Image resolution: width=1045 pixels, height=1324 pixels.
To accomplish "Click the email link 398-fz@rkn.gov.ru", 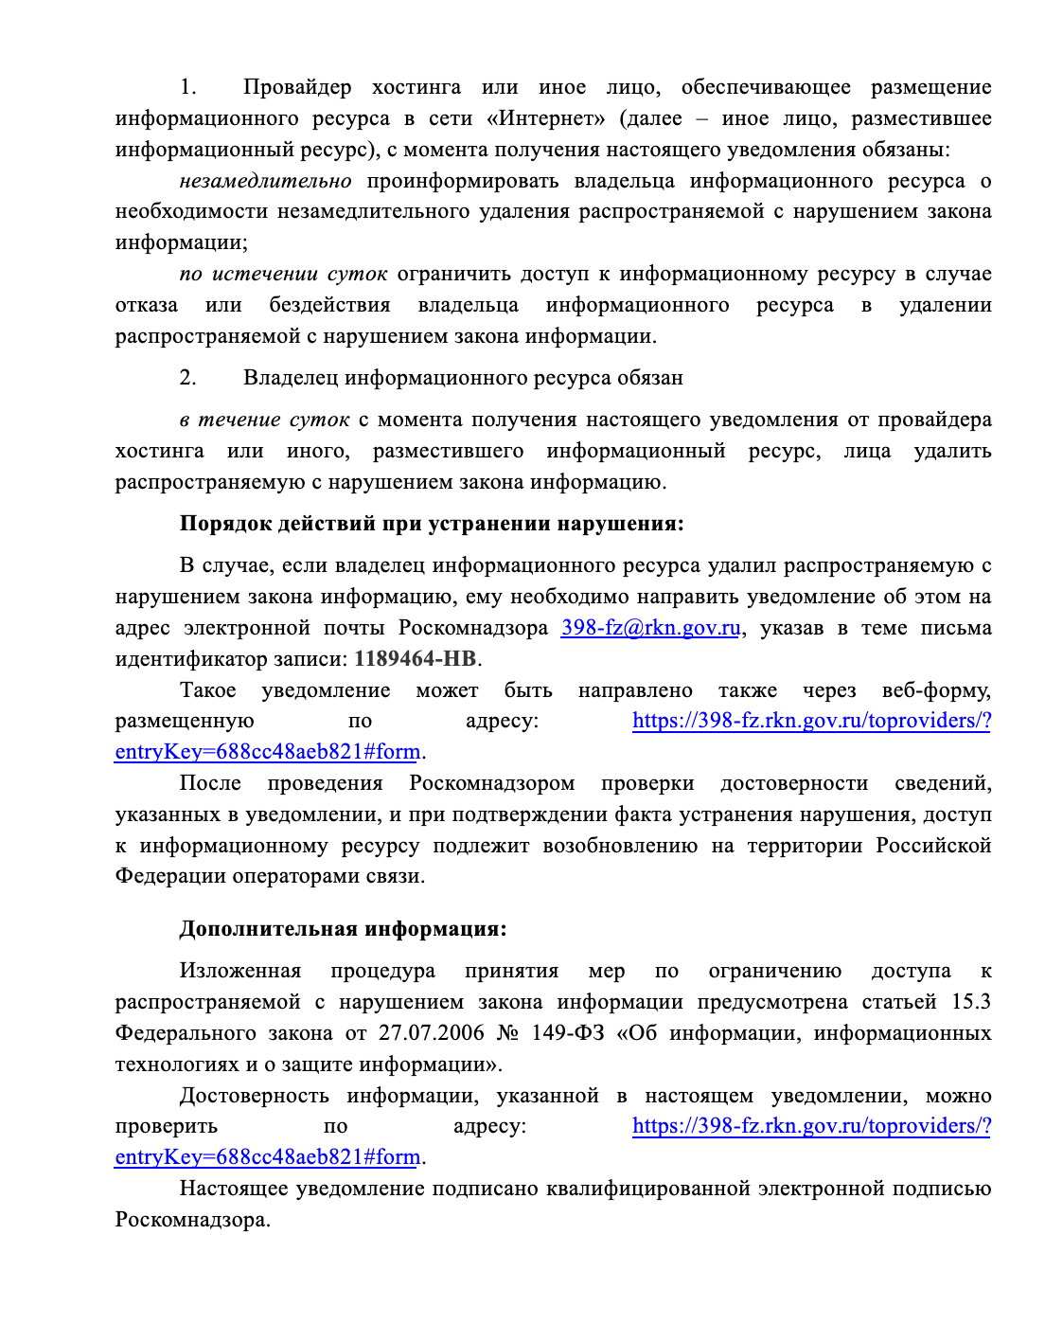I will pos(650,628).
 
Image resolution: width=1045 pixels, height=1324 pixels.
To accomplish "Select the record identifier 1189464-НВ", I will pos(415,659).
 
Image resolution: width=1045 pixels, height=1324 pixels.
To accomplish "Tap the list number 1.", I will pos(188,88).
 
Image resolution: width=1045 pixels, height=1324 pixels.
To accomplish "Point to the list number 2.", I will pos(188,378).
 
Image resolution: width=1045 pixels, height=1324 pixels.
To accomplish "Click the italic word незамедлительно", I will pos(265,181).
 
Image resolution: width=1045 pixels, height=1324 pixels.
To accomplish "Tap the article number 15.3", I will pos(971,1002).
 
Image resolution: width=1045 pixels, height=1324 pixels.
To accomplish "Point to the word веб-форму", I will pos(936,690).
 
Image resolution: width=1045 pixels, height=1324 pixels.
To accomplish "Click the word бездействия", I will pos(329,305).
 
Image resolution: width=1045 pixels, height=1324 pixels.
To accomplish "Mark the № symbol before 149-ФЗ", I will pos(507,1033).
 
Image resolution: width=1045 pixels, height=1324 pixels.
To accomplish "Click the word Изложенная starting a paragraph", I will pos(240,971).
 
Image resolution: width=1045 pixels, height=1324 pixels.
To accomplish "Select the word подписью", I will pos(942,1189).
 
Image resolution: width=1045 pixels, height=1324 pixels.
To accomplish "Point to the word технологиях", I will pos(177,1065).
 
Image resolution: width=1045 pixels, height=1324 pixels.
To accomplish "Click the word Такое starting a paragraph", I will pos(207,690).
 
